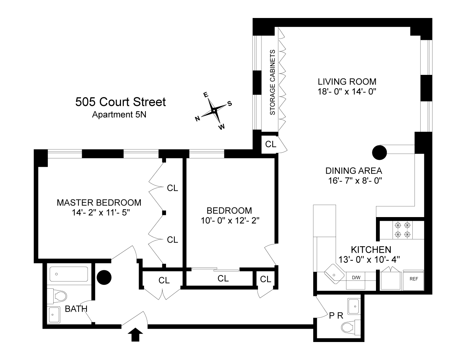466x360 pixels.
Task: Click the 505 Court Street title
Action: tap(120, 102)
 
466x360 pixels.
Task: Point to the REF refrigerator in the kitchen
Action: tap(413, 279)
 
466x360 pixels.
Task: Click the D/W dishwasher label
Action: tap(355, 278)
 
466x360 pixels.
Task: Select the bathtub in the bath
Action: tap(68, 274)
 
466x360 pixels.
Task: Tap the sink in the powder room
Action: tap(355, 307)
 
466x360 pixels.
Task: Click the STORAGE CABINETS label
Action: tap(272, 82)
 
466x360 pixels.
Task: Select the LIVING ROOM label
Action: tap(347, 81)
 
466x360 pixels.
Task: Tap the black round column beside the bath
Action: tap(104, 277)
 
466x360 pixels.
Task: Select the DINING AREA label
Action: tap(353, 171)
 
